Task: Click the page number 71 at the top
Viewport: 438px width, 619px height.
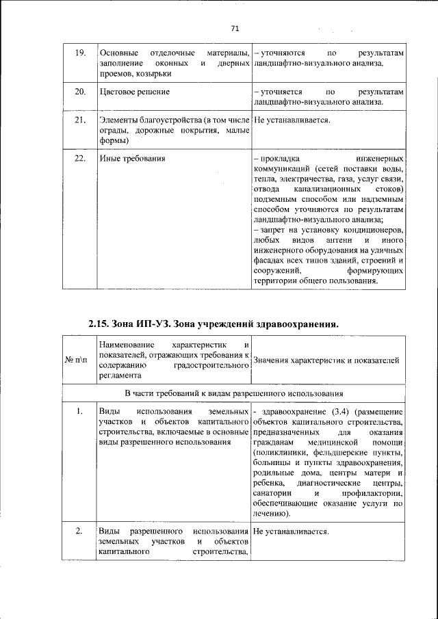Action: click(234, 29)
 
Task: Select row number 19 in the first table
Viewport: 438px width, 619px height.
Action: click(79, 53)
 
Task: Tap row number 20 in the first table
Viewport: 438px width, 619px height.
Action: click(79, 92)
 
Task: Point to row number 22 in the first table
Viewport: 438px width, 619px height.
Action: click(79, 159)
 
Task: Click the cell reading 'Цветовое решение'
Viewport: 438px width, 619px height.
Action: click(135, 92)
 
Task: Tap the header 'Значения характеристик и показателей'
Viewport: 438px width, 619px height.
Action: click(326, 360)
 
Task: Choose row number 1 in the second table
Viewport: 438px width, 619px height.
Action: click(79, 411)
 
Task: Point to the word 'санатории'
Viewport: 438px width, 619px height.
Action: click(272, 493)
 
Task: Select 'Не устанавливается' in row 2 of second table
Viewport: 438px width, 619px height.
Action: click(291, 531)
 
